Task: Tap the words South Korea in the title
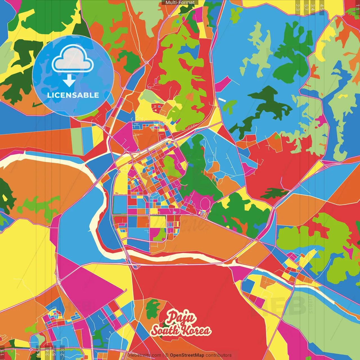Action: point(181,330)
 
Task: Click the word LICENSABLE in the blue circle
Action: point(73,95)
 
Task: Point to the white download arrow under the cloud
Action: point(69,80)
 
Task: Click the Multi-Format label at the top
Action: point(180,3)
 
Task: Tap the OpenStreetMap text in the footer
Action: point(187,355)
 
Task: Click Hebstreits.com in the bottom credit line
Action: point(145,355)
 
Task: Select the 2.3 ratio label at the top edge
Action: point(298,7)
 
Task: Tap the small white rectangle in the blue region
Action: point(222,100)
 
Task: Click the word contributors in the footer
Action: point(219,355)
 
